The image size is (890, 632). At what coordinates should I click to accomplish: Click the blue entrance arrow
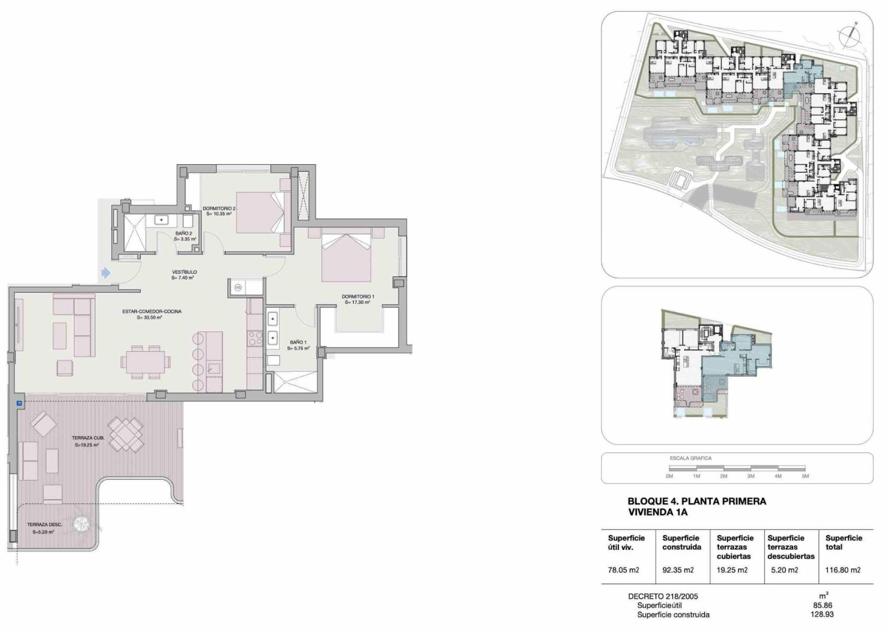(x=106, y=273)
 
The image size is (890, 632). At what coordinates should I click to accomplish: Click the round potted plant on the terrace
(x=82, y=524)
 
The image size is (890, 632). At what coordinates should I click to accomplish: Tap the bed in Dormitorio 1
(x=346, y=258)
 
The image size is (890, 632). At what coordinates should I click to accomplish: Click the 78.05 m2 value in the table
(x=623, y=570)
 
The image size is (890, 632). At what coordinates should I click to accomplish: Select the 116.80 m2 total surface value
(x=843, y=570)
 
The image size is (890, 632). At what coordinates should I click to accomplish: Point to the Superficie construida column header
(x=682, y=542)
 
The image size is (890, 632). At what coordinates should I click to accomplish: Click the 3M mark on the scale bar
(x=751, y=476)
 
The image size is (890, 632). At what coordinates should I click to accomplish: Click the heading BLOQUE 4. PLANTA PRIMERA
(x=697, y=501)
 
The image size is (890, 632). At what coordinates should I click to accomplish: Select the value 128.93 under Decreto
(x=822, y=614)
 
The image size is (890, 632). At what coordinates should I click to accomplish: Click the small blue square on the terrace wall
(x=19, y=403)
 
